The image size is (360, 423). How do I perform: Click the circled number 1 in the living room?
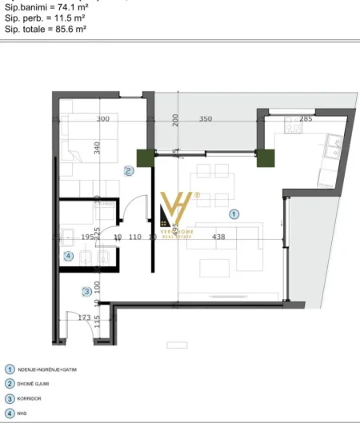pos(234,214)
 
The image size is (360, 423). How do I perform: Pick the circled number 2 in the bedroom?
pos(128,170)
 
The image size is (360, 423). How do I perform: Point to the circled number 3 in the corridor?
pos(86,292)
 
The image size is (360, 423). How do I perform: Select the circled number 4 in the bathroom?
pos(68,257)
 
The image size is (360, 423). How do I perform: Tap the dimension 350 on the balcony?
pos(205,119)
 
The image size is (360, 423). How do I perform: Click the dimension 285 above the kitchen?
pos(306,119)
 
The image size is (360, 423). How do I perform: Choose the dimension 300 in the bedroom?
pos(102,119)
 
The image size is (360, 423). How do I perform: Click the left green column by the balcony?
pos(146,158)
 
